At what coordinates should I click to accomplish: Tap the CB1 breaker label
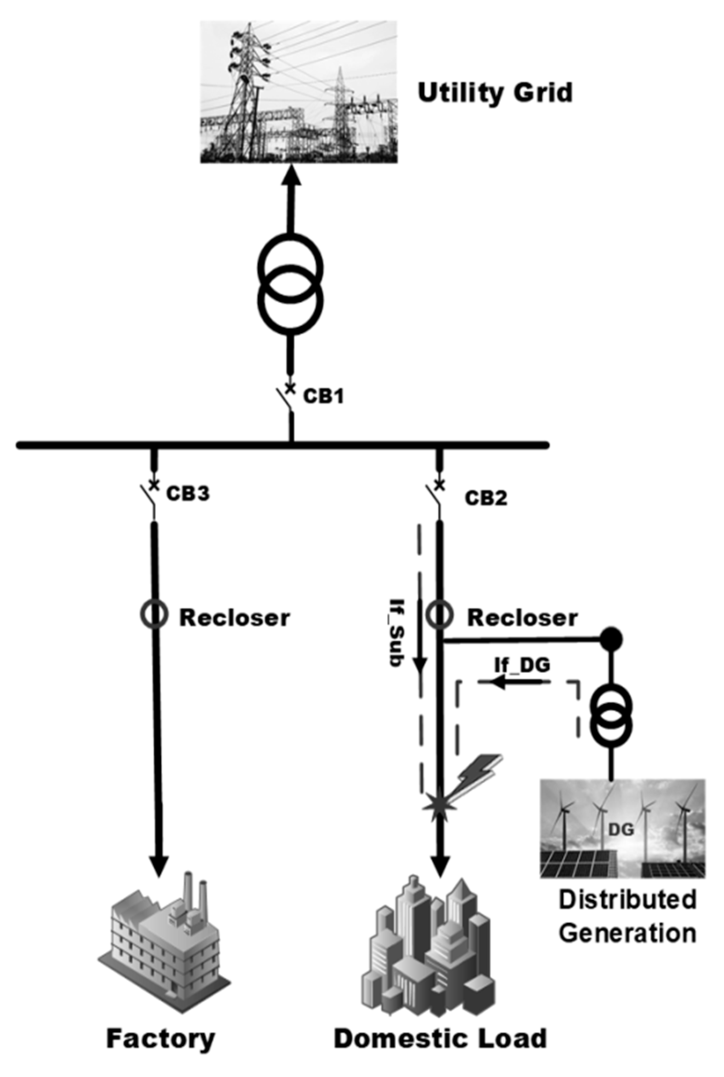tap(323, 397)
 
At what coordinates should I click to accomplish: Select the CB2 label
tap(486, 498)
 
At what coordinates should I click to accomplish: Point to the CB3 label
tap(188, 493)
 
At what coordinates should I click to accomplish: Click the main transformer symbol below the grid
tap(290, 284)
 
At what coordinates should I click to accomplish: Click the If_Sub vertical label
tap(396, 632)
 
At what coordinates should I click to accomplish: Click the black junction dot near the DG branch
tap(611, 640)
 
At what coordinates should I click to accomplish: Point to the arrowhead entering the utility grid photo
tap(291, 175)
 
